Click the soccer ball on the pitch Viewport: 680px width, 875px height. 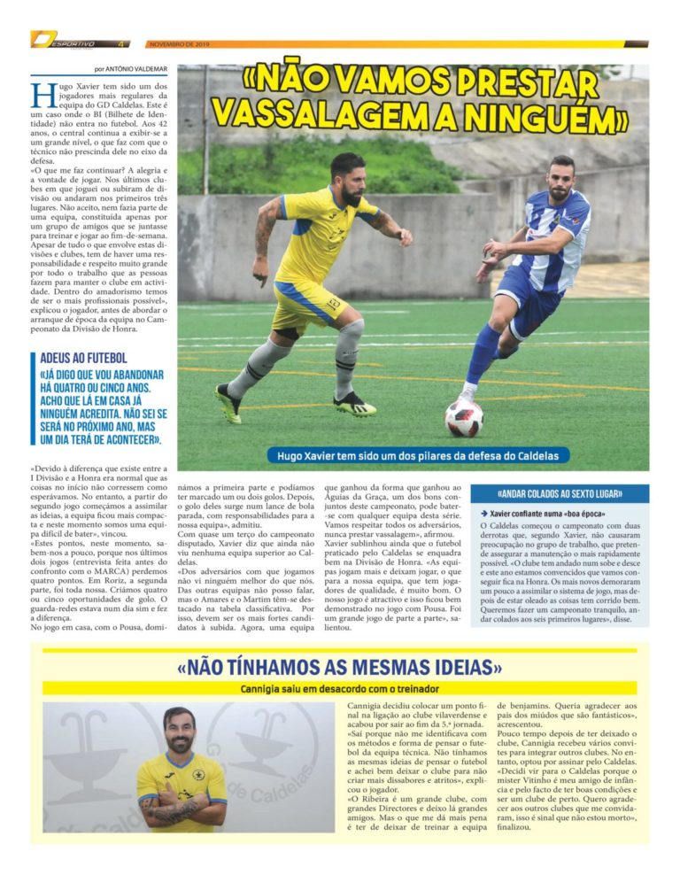464,417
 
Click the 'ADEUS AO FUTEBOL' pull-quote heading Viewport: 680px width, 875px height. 83,358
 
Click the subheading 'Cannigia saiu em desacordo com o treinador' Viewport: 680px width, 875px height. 340,688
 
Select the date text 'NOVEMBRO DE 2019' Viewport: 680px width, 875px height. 177,43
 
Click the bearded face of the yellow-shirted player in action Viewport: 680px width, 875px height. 347,174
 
